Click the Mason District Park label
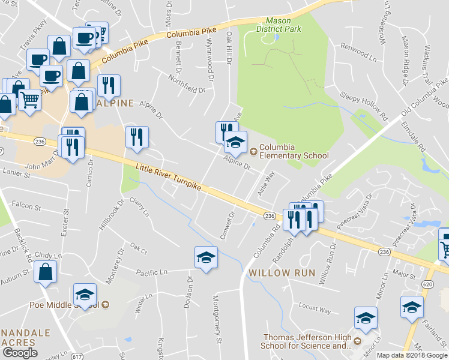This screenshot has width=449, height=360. click(277, 24)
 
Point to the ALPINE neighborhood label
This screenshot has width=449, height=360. click(114, 103)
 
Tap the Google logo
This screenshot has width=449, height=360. click(20, 353)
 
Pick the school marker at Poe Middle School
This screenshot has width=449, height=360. click(85, 295)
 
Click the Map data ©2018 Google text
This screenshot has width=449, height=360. click(412, 355)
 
